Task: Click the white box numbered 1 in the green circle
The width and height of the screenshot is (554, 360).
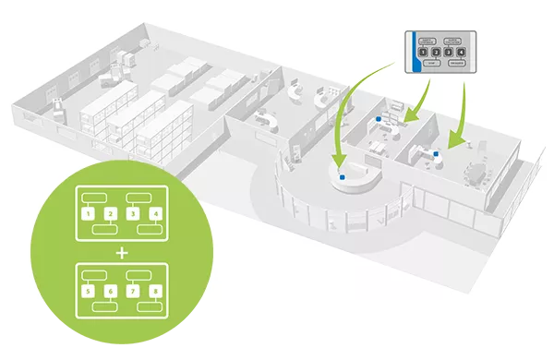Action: point(87,213)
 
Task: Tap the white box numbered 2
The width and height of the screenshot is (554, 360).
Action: point(110,213)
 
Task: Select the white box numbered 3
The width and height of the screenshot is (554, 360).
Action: point(133,213)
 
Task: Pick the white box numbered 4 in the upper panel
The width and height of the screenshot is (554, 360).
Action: point(156,213)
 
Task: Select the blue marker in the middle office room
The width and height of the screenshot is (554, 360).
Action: point(379,120)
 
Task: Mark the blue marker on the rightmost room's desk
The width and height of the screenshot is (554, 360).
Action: point(434,156)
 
